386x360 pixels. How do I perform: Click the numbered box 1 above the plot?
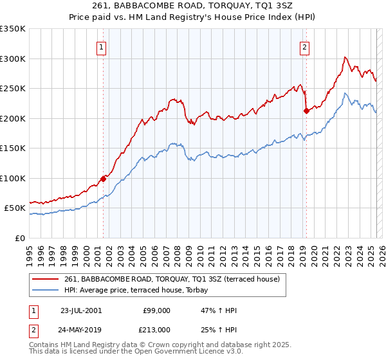tap(102, 46)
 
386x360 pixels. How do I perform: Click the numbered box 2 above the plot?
tap(304, 46)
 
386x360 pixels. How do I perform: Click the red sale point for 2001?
tap(103, 179)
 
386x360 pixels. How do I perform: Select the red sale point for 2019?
tap(306, 111)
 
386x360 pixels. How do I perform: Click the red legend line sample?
tap(46, 279)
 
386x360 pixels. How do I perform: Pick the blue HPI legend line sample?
tap(46, 290)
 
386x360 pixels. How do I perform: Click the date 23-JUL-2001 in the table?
tap(81, 310)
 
